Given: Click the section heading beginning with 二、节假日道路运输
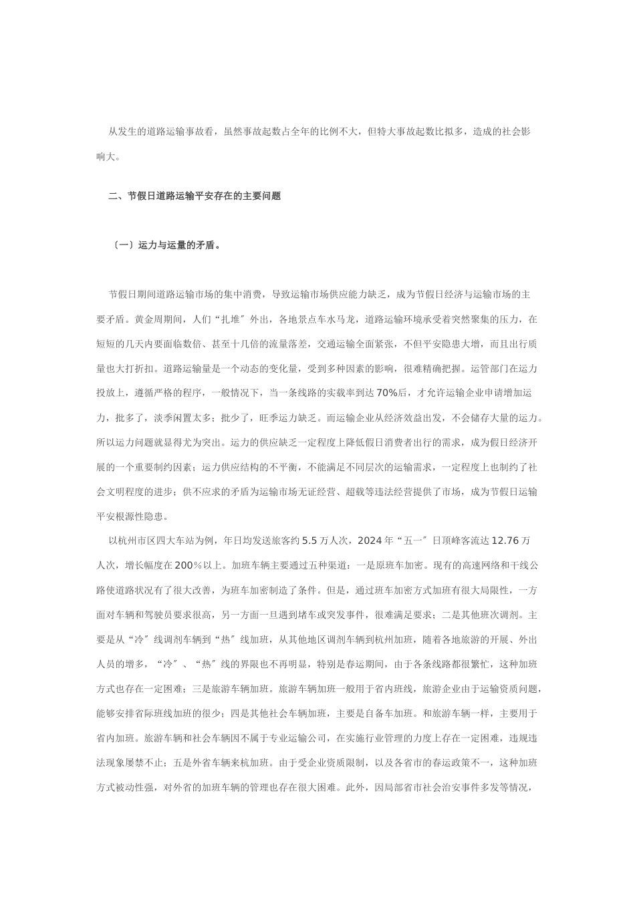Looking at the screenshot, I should click(x=195, y=196).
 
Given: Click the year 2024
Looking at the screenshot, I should click(x=370, y=541).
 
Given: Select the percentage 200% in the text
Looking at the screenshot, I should click(x=189, y=565).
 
